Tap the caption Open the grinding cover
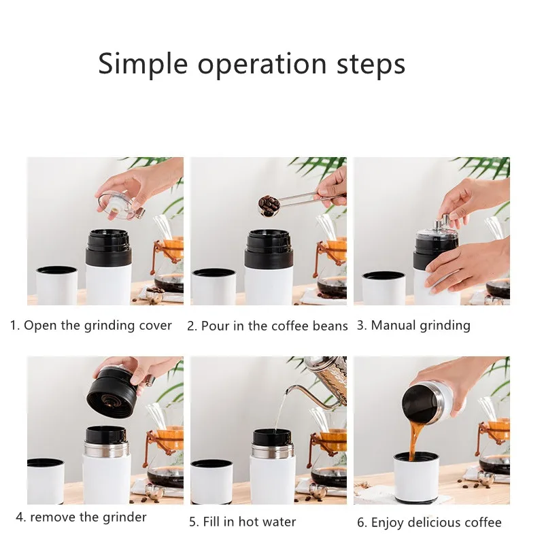[x=97, y=326]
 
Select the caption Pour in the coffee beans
[x=274, y=326]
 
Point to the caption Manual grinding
[x=420, y=326]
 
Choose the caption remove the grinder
[x=88, y=517]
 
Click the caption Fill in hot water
[x=249, y=522]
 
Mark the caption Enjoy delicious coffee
[x=436, y=522]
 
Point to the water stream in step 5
[x=280, y=412]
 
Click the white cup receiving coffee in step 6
[x=416, y=478]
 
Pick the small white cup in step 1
[x=56, y=286]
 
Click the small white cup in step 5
[x=211, y=481]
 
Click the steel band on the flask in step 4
[x=107, y=448]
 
